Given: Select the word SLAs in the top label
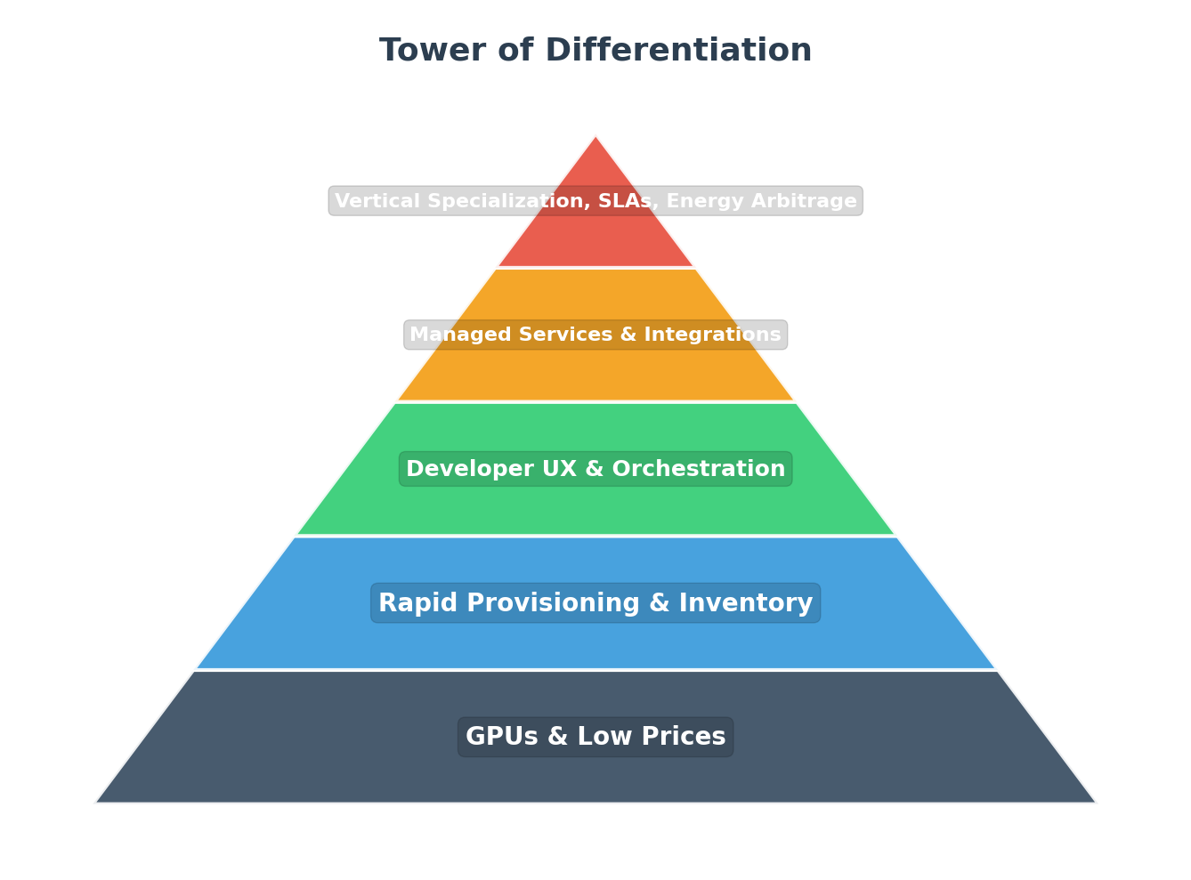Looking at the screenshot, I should click(x=629, y=201).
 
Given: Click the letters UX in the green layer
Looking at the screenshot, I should click(x=531, y=469).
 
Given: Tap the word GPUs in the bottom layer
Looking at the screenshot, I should click(x=497, y=737).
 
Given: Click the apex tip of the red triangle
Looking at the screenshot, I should click(x=595, y=137).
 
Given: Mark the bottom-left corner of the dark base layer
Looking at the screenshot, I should click(x=97, y=802).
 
